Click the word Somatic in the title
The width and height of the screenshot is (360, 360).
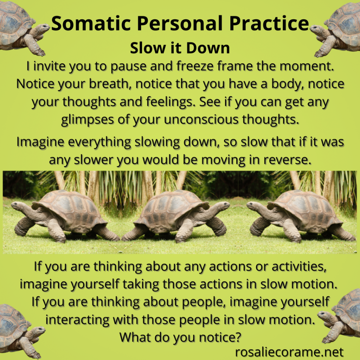(91, 23)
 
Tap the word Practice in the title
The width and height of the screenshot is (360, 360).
(269, 23)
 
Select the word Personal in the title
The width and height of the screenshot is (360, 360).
(180, 23)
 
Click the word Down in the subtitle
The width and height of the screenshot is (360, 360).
(208, 48)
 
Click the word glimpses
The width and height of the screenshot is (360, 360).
(88, 120)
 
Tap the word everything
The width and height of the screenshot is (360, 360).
(99, 142)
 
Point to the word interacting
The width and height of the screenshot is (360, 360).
(77, 320)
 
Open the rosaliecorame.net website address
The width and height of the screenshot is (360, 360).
(289, 352)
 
